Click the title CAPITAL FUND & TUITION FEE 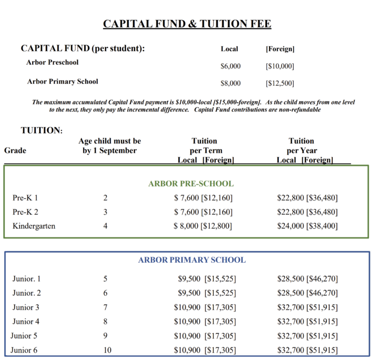[187, 24]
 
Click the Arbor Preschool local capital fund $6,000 [230, 66]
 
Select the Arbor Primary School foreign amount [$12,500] [280, 83]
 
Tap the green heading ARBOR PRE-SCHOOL [191, 184]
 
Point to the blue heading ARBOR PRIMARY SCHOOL [192, 260]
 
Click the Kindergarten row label [34, 226]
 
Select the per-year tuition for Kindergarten [307, 226]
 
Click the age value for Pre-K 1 [105, 198]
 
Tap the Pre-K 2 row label [25, 212]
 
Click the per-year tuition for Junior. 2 [307, 293]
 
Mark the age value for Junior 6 [107, 350]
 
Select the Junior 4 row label [26, 322]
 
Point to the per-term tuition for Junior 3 [205, 307]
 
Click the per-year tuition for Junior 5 [307, 336]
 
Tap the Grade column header [15, 150]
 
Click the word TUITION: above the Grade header [41, 130]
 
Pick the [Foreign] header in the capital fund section [280, 49]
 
